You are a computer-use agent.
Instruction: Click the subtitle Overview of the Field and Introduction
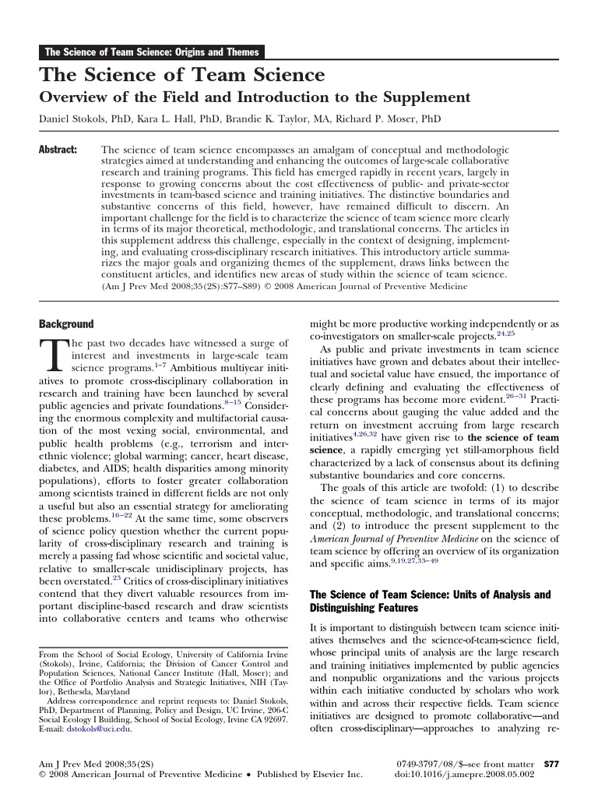point(255,97)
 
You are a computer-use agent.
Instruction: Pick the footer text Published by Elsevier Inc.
point(308,775)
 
